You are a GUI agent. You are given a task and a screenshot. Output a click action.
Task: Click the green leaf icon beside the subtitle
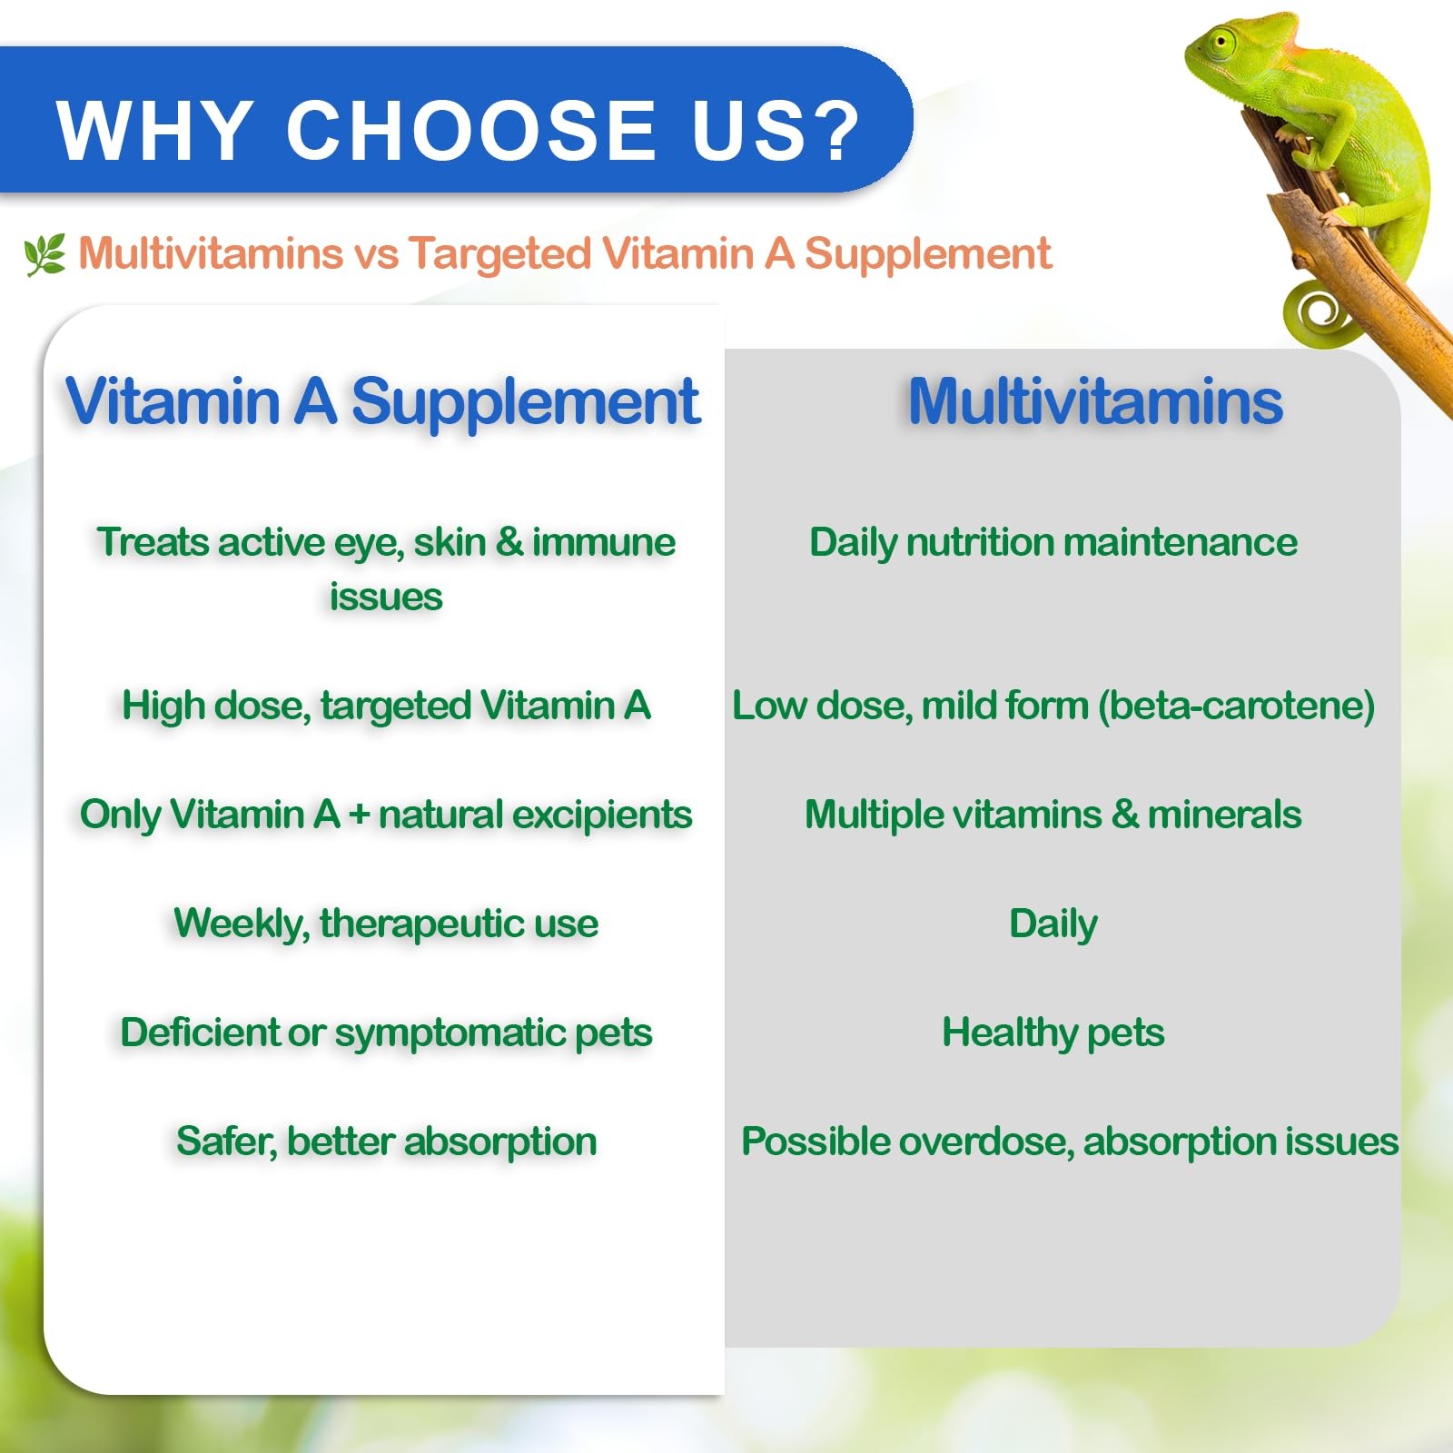(x=45, y=254)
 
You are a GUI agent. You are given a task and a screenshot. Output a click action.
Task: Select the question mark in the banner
(x=831, y=130)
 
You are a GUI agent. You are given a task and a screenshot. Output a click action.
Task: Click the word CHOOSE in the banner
(x=471, y=130)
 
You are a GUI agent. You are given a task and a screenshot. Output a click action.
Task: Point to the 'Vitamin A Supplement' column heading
(x=382, y=401)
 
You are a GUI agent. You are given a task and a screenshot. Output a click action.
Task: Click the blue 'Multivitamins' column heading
(x=1095, y=400)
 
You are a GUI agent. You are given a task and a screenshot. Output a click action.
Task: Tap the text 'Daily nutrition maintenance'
(x=1053, y=543)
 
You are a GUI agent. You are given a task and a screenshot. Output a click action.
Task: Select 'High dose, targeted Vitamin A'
(x=386, y=706)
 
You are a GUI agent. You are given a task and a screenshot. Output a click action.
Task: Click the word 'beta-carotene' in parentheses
(x=1236, y=706)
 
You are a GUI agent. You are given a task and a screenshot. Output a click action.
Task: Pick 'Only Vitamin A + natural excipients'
(x=386, y=815)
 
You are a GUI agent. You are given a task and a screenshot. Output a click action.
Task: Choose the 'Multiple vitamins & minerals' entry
(x=1053, y=815)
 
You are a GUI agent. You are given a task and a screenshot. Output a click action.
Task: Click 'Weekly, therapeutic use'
(x=386, y=924)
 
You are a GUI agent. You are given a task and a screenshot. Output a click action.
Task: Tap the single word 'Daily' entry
(x=1053, y=924)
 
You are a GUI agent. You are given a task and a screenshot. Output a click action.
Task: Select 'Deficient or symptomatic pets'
(x=386, y=1033)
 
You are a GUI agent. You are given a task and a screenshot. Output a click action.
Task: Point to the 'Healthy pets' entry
(x=1053, y=1033)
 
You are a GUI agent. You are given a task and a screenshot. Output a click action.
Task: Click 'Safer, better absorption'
(x=386, y=1142)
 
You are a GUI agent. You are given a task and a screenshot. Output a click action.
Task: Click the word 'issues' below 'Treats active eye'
(x=386, y=598)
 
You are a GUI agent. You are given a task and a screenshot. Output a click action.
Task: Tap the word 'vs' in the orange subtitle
(x=376, y=255)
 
